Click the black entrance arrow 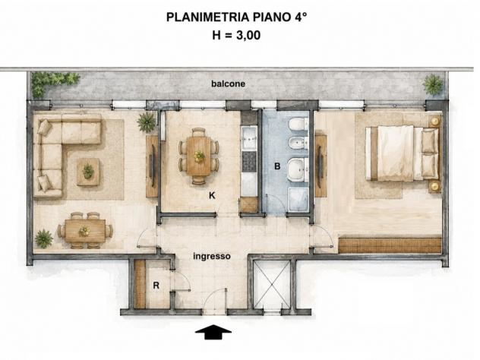point(213,332)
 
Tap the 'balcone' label point(228,84)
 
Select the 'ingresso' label point(212,256)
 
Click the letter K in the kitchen point(212,195)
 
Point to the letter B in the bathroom point(277,166)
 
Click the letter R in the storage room point(156,286)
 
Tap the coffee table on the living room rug point(88,172)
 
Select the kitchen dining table point(199,156)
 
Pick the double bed point(402,153)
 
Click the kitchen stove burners point(249,161)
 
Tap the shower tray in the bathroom point(298,199)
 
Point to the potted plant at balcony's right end point(433,84)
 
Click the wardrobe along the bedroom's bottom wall point(390,245)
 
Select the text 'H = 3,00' point(236,35)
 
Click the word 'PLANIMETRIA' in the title point(208,17)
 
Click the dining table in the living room point(85,230)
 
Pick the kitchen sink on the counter point(249,138)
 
